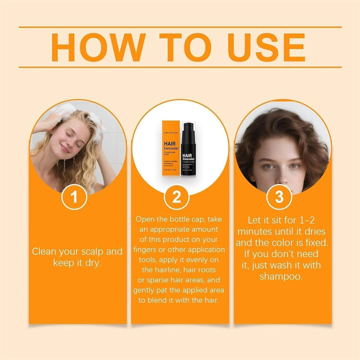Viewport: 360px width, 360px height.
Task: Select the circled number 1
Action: point(74,197)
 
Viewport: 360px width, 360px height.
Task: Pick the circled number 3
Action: point(279,197)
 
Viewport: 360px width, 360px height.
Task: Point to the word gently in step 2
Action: point(145,290)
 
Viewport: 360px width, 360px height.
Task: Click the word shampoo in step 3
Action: point(280,276)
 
